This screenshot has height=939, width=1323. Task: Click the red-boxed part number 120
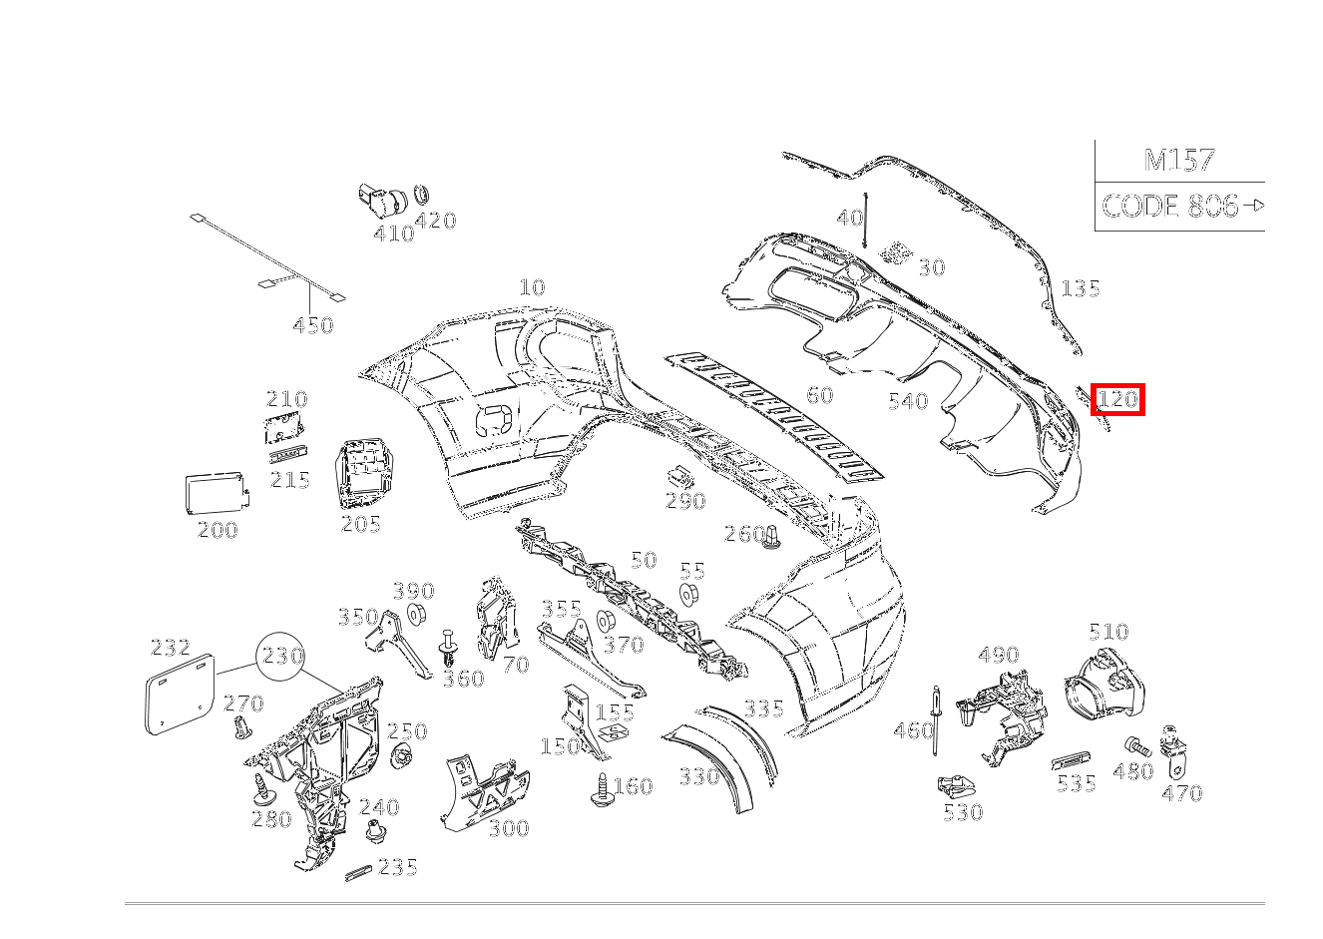click(1116, 400)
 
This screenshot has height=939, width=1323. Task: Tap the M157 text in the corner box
click(1178, 160)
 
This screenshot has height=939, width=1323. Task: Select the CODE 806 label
click(1169, 207)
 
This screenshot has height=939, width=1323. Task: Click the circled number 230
click(282, 656)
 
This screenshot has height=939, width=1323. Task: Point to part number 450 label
click(312, 325)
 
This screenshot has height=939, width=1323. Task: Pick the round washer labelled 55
click(686, 596)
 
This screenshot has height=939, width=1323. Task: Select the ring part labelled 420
click(421, 194)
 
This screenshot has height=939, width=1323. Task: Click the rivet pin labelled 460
click(937, 721)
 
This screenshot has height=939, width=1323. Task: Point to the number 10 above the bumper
click(532, 287)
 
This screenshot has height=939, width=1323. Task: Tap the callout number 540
click(907, 401)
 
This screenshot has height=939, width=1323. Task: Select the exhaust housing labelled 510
click(1102, 684)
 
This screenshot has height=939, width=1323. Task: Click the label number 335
click(763, 708)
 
